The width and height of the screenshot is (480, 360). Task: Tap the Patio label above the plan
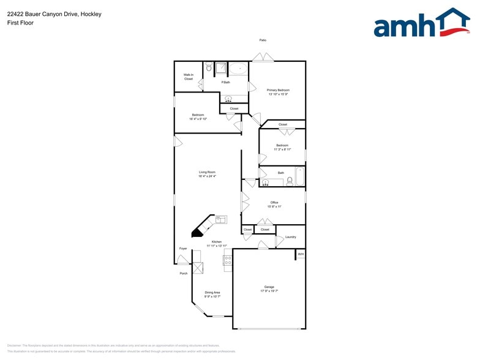[x=263, y=40]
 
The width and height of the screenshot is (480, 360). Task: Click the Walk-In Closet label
[x=188, y=77]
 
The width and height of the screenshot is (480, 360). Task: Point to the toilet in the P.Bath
[x=208, y=67]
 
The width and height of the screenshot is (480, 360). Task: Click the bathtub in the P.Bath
[x=239, y=69]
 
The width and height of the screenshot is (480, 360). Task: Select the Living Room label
[x=207, y=174]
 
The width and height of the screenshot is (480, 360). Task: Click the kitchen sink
[x=220, y=219]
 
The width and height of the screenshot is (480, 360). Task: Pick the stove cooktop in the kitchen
[x=228, y=263]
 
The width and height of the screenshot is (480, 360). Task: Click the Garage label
[x=269, y=288]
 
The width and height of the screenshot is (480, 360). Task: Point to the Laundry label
[x=290, y=237]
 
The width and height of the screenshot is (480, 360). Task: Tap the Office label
[x=274, y=204]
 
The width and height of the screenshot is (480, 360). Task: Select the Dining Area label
[x=212, y=294]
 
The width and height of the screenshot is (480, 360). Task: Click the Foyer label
[x=182, y=249]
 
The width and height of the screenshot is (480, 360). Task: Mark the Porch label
[x=184, y=273]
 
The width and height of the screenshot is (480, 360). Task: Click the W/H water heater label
[x=300, y=253]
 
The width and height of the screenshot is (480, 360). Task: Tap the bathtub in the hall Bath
[x=300, y=176]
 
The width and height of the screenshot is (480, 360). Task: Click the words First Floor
[x=20, y=23]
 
